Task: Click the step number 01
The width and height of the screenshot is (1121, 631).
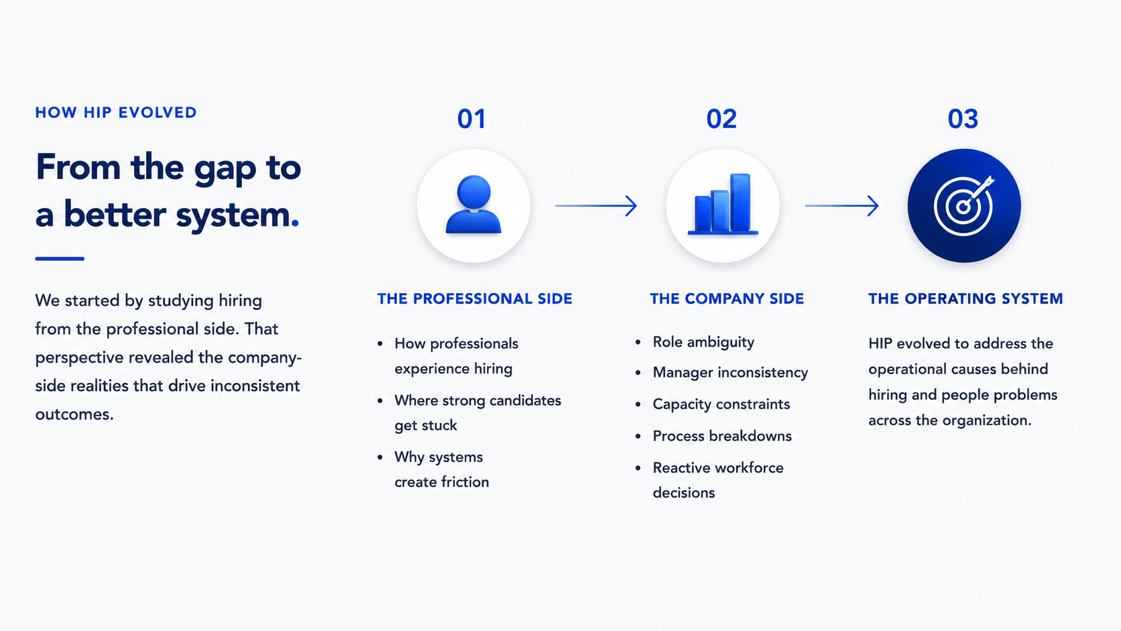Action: tap(471, 119)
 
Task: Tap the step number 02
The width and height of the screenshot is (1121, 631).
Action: tap(721, 119)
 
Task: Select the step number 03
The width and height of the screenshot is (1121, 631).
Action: tap(963, 119)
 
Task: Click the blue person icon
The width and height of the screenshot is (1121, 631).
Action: tap(473, 204)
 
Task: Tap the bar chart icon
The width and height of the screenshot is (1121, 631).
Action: tap(723, 204)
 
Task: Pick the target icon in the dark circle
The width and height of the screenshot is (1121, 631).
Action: tap(964, 206)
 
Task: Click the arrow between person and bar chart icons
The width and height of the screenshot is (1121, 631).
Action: tap(596, 206)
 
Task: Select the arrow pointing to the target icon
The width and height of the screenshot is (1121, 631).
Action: tap(841, 206)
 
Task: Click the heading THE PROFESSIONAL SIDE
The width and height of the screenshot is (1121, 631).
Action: tap(475, 299)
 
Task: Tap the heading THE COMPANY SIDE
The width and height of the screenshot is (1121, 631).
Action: tap(727, 299)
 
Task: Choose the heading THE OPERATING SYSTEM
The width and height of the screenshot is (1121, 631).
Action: tap(965, 299)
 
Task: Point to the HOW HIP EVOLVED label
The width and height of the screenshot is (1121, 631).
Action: tap(115, 113)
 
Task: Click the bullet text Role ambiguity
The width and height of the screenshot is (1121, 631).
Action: tap(703, 342)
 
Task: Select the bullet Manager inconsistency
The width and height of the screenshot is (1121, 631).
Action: tap(730, 372)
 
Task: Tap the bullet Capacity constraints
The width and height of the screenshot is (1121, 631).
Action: tap(721, 404)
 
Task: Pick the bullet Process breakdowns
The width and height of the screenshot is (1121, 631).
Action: tap(722, 436)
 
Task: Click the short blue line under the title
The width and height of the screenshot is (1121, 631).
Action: tap(60, 259)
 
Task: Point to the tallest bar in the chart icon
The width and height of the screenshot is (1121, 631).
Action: tap(740, 203)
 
